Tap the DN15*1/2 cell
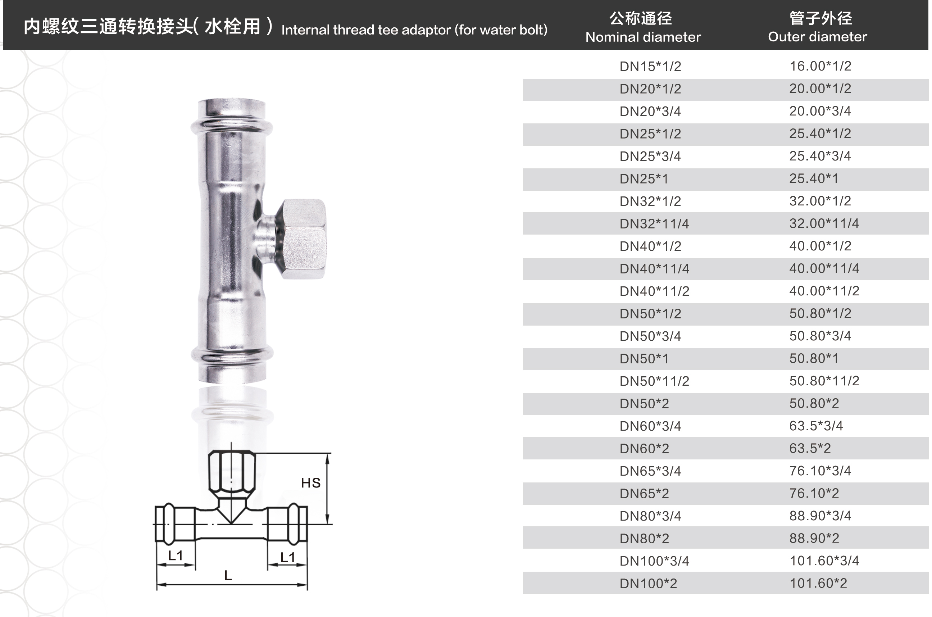[650, 66]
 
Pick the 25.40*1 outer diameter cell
[814, 179]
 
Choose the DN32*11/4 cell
[654, 224]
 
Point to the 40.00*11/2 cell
[824, 291]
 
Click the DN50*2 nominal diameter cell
[644, 404]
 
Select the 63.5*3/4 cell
[816, 426]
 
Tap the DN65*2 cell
[644, 494]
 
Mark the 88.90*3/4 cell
[820, 516]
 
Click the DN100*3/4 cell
[654, 561]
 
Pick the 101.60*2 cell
[818, 583]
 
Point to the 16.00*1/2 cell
[820, 66]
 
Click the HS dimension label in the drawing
[310, 483]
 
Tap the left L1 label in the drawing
[176, 555]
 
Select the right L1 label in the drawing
[288, 557]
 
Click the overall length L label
[228, 576]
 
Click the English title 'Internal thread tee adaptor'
[366, 30]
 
